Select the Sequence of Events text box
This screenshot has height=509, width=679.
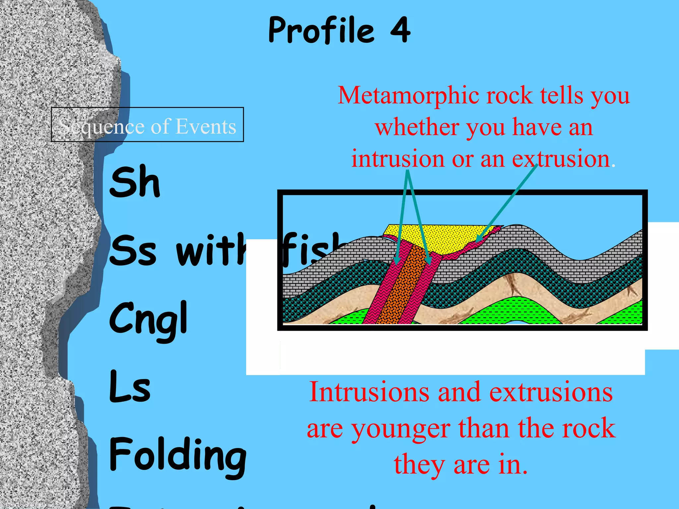coord(148,125)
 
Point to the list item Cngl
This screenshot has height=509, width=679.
coord(149,320)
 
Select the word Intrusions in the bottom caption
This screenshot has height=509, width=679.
coord(369,392)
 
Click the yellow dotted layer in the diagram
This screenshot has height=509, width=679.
coord(441,239)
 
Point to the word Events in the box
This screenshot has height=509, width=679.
coord(206,126)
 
